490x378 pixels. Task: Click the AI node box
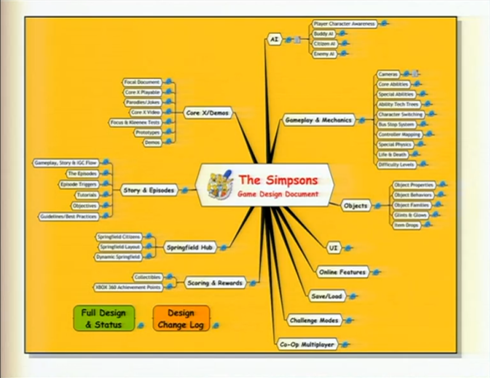coord(274,40)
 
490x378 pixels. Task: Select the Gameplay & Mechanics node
coord(318,120)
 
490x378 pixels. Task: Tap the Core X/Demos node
coord(208,113)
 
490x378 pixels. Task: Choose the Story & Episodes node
coord(149,191)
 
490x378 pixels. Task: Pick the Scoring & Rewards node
coord(215,282)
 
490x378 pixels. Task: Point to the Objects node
coord(356,206)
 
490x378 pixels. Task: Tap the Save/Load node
coord(325,296)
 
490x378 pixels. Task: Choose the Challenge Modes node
coord(314,321)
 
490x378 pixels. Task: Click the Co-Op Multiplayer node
coord(307,345)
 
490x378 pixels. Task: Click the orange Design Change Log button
coord(181,319)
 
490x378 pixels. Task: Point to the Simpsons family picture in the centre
coord(221,184)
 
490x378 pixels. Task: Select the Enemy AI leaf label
coord(324,54)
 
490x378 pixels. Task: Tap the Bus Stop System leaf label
coord(396,124)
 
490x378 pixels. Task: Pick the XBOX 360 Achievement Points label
coord(128,287)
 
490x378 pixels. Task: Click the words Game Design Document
coord(278,194)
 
